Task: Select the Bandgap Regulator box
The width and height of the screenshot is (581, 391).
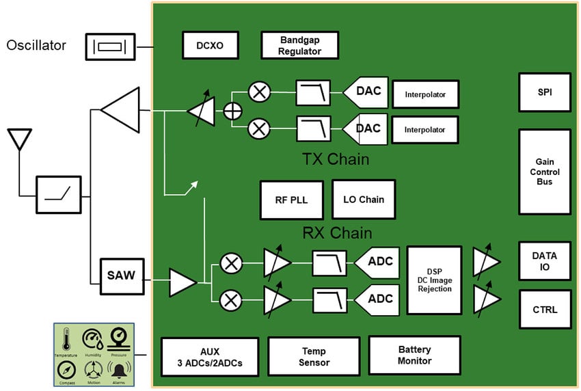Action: coord(300,46)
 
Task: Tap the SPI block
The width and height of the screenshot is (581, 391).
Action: coord(544,92)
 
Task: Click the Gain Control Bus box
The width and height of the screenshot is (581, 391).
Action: coord(544,172)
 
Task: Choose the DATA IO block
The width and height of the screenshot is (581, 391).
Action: coord(544,261)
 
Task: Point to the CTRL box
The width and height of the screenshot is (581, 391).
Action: coord(544,310)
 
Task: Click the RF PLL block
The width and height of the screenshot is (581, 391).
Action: coord(292,200)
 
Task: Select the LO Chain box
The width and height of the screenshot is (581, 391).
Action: coord(363,200)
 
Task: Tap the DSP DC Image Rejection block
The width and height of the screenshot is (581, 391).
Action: coord(435,280)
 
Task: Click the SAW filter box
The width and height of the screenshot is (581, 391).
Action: coord(121,276)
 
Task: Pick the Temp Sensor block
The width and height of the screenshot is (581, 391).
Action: coord(314,357)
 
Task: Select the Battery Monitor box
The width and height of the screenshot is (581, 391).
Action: coord(414,355)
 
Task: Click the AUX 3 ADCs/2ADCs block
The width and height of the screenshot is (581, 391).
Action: coord(209,357)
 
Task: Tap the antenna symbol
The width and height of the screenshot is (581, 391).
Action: coord(19,139)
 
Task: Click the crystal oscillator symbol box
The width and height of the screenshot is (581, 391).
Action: coord(109,46)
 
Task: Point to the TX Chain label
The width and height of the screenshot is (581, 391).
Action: coord(335,160)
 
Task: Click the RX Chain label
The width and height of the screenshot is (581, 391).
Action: coord(336,233)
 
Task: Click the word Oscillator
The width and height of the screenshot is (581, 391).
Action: coord(36,46)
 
